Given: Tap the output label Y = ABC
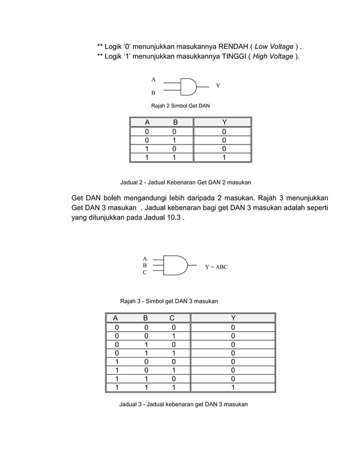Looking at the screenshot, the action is coord(216,266).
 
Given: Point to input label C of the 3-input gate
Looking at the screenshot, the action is coord(145,272).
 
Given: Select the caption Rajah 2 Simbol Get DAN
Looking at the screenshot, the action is coord(180,106).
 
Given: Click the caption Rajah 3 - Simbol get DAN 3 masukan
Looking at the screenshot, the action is coord(169,301).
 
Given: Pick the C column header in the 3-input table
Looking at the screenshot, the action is coord(173,318).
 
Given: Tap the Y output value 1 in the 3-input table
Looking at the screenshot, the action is coord(233,388).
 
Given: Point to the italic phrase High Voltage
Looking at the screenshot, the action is coord(273,56).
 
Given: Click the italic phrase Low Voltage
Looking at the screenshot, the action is coord(275,46).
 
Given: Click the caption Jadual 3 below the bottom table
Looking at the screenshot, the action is coord(183,405).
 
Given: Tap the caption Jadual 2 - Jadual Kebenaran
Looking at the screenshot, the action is coord(186,182).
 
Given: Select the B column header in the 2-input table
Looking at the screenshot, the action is coord(174,122).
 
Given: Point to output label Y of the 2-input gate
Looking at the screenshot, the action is coord(218,86).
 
